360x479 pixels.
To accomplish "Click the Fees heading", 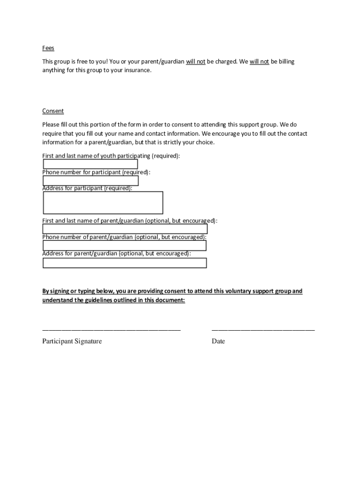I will pyautogui.click(x=48, y=48).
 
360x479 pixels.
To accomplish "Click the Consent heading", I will pyautogui.click(x=53, y=111).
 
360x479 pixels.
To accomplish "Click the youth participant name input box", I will pyautogui.click(x=90, y=164).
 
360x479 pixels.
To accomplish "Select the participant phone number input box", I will pyautogui.click(x=90, y=181).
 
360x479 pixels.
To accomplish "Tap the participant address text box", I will pyautogui.click(x=103, y=203).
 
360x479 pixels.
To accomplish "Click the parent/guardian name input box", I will pyautogui.click(x=125, y=229).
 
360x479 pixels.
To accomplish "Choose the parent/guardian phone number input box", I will pyautogui.click(x=124, y=246).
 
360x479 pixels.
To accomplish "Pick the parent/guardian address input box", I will pyautogui.click(x=124, y=263).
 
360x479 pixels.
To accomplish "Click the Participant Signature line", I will pyautogui.click(x=111, y=330).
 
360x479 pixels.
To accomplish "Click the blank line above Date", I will pyautogui.click(x=263, y=330).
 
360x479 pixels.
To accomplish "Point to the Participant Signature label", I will pyautogui.click(x=72, y=341).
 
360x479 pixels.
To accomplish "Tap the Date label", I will pyautogui.click(x=218, y=341).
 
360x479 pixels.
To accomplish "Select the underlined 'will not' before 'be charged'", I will pyautogui.click(x=195, y=61).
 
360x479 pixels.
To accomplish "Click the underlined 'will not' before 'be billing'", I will pyautogui.click(x=259, y=61).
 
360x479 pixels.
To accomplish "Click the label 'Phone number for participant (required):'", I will pyautogui.click(x=96, y=172).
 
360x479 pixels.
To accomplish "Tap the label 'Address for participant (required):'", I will pyautogui.click(x=87, y=188).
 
